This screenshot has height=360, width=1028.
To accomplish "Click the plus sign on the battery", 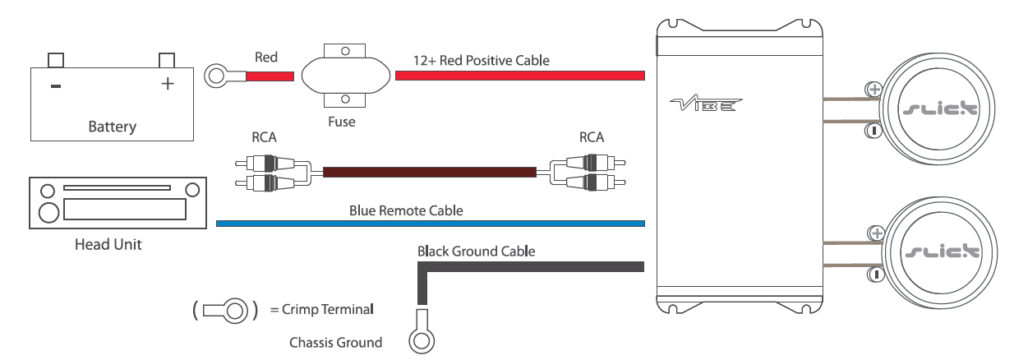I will click(168, 83).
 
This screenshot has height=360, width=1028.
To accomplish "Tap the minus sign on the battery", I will click(55, 84).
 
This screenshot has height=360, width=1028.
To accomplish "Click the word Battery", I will click(112, 127).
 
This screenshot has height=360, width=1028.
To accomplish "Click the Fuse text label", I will click(342, 122).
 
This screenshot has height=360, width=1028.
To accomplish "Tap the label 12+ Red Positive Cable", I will click(482, 60).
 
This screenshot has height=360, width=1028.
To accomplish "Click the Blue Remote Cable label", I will click(406, 210).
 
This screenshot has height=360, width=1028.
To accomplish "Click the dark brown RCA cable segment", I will click(429, 173).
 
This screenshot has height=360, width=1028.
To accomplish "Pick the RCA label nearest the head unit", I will click(265, 138).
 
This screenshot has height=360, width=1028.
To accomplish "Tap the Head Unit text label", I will click(108, 245).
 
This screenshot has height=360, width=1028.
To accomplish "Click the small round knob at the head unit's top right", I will click(192, 190).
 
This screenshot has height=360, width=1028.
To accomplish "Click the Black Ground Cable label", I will click(476, 251).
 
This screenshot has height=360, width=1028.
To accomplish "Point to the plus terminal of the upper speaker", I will click(875, 89).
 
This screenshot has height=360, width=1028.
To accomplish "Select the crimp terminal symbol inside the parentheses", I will click(225, 310).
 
